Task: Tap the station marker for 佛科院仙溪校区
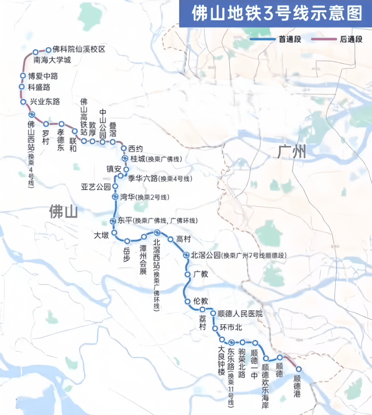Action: click(48, 49)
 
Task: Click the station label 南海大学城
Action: click(53, 60)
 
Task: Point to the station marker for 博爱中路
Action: click(22, 76)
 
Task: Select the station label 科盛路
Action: click(39, 87)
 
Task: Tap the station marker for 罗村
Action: click(46, 124)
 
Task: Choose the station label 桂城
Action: click(138, 159)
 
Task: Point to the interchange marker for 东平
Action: click(113, 221)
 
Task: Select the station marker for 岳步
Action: click(127, 241)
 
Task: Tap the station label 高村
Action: click(185, 239)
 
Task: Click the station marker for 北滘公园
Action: click(186, 255)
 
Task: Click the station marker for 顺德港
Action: click(299, 369)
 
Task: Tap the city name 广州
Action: click(292, 152)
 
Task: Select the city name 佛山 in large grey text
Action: click(63, 212)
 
